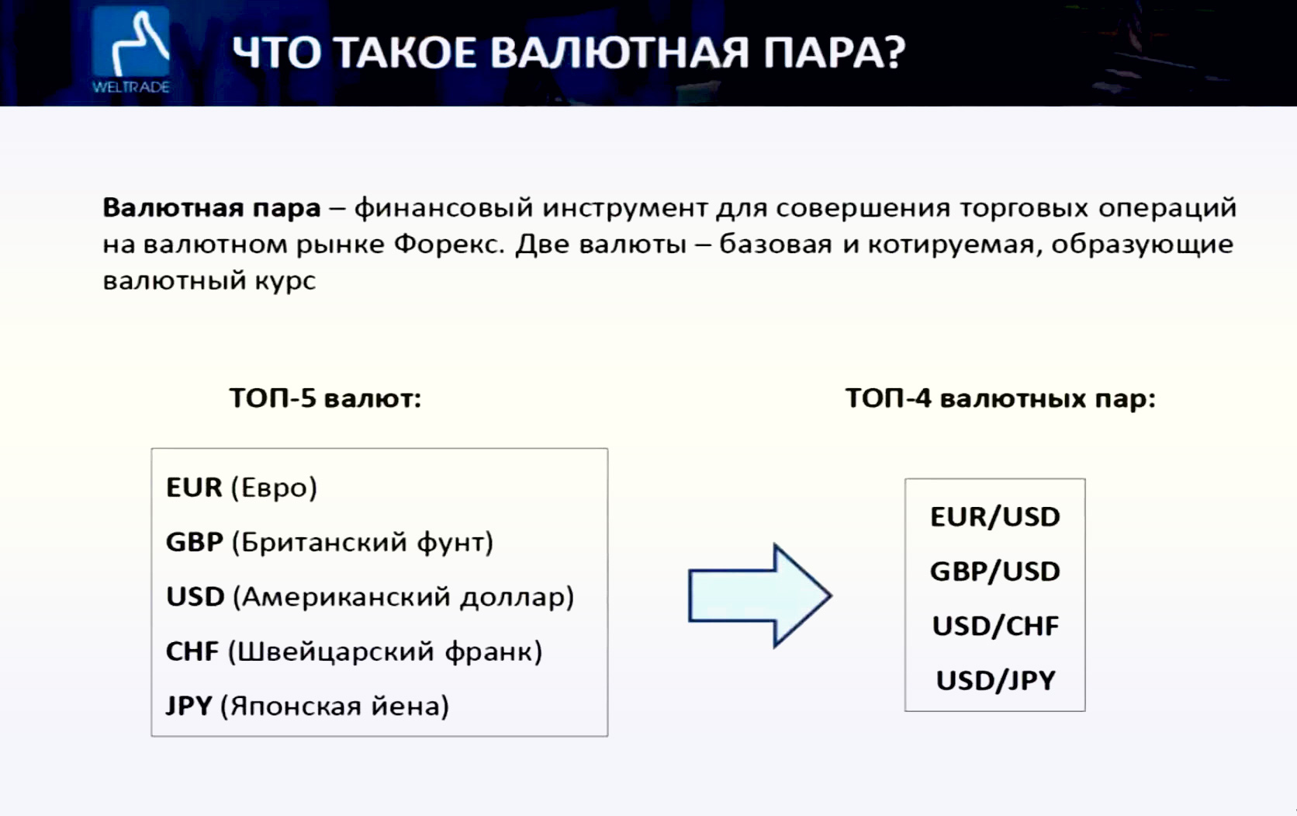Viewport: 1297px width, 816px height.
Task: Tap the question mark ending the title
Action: pyautogui.click(x=892, y=52)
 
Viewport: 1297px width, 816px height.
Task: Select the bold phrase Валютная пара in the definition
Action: pyautogui.click(x=211, y=208)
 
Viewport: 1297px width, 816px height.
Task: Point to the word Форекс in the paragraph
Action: pyautogui.click(x=448, y=245)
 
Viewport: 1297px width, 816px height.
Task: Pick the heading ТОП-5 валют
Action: pyautogui.click(x=325, y=398)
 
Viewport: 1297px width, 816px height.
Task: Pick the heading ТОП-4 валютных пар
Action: pyautogui.click(x=1000, y=398)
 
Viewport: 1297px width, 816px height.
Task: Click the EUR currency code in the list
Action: pyautogui.click(x=194, y=488)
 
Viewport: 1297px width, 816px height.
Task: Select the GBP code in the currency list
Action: pyautogui.click(x=195, y=542)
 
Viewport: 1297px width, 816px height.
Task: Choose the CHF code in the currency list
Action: pyautogui.click(x=192, y=651)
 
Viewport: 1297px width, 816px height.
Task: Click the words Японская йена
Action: pyautogui.click(x=335, y=707)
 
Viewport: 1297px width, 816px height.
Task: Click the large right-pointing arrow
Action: pyautogui.click(x=760, y=596)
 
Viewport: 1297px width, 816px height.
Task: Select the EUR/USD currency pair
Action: pyautogui.click(x=994, y=517)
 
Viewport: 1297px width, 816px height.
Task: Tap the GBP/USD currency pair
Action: pyautogui.click(x=994, y=571)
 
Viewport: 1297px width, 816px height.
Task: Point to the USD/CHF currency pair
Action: pyautogui.click(x=994, y=626)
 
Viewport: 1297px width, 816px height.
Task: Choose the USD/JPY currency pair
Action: pyautogui.click(x=994, y=681)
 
